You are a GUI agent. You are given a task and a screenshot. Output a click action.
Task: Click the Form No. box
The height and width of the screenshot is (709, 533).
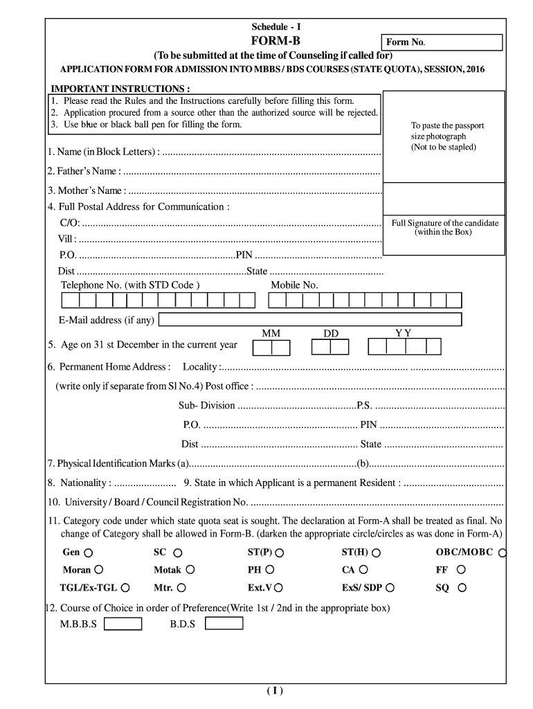point(442,42)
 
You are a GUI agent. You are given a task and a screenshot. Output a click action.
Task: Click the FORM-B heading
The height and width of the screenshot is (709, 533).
point(275,41)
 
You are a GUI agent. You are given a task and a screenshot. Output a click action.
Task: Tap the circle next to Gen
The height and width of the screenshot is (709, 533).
point(89,553)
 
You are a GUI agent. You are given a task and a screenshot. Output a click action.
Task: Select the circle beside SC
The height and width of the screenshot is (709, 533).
point(178,553)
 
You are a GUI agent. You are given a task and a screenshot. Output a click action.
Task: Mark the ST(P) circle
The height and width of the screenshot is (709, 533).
point(280,553)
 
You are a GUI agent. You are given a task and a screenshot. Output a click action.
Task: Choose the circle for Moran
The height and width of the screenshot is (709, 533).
point(99,570)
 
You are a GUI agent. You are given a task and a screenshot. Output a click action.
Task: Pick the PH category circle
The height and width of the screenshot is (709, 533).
point(270,570)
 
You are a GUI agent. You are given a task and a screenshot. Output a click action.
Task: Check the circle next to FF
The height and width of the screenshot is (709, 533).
point(461,570)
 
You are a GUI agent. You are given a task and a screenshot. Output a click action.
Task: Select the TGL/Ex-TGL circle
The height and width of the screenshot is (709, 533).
point(125,588)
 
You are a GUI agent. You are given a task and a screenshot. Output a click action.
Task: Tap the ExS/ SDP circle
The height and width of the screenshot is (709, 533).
point(390,588)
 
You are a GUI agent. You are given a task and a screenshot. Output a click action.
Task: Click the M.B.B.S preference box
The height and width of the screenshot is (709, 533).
point(123,623)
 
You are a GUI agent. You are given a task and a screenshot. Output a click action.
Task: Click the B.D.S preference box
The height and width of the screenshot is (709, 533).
point(224,623)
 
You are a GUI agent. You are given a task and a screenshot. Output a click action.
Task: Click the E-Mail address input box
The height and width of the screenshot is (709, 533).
point(311,319)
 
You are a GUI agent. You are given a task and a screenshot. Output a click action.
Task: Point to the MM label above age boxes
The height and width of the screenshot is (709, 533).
point(271,333)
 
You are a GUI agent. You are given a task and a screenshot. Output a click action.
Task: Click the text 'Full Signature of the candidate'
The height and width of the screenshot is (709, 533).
point(444,223)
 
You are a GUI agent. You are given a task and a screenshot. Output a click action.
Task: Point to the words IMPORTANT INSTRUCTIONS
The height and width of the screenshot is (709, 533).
point(120,89)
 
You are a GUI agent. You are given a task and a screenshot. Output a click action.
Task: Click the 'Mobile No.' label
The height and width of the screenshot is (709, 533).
point(294,285)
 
